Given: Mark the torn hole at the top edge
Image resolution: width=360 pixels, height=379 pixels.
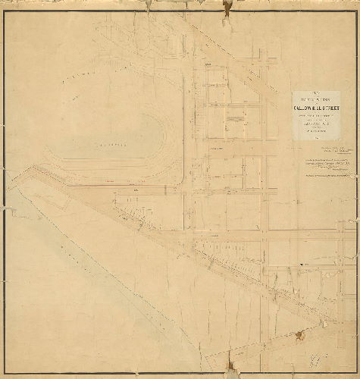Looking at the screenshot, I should [x=227, y=6].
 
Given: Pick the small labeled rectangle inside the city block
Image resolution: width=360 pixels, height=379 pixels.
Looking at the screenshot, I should [x=236, y=117].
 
